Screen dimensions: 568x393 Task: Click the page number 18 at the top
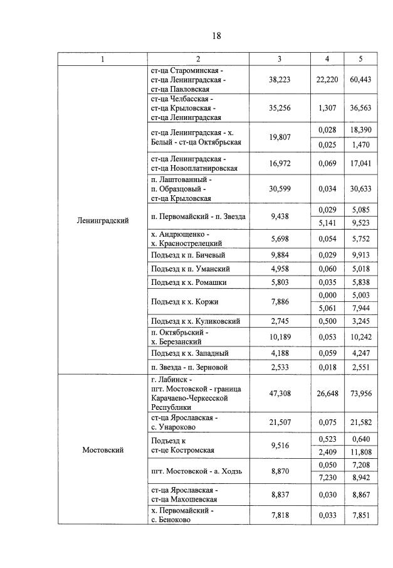[x=216, y=36]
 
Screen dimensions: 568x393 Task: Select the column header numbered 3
[x=280, y=59]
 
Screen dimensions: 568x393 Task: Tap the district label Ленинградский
[x=103, y=220]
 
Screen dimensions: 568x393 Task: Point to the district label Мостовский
[x=103, y=449]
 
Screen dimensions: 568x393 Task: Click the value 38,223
[x=280, y=80]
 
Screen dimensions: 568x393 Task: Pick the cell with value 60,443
[x=360, y=80]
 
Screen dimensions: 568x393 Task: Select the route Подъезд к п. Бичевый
[x=188, y=255]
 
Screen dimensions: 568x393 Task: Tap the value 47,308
[x=280, y=393]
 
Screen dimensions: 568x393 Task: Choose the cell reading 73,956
[x=360, y=393]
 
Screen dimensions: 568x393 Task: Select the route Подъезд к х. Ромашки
[x=189, y=282]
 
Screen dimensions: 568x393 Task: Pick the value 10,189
[x=280, y=336]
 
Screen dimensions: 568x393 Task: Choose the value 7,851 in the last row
[x=360, y=515]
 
